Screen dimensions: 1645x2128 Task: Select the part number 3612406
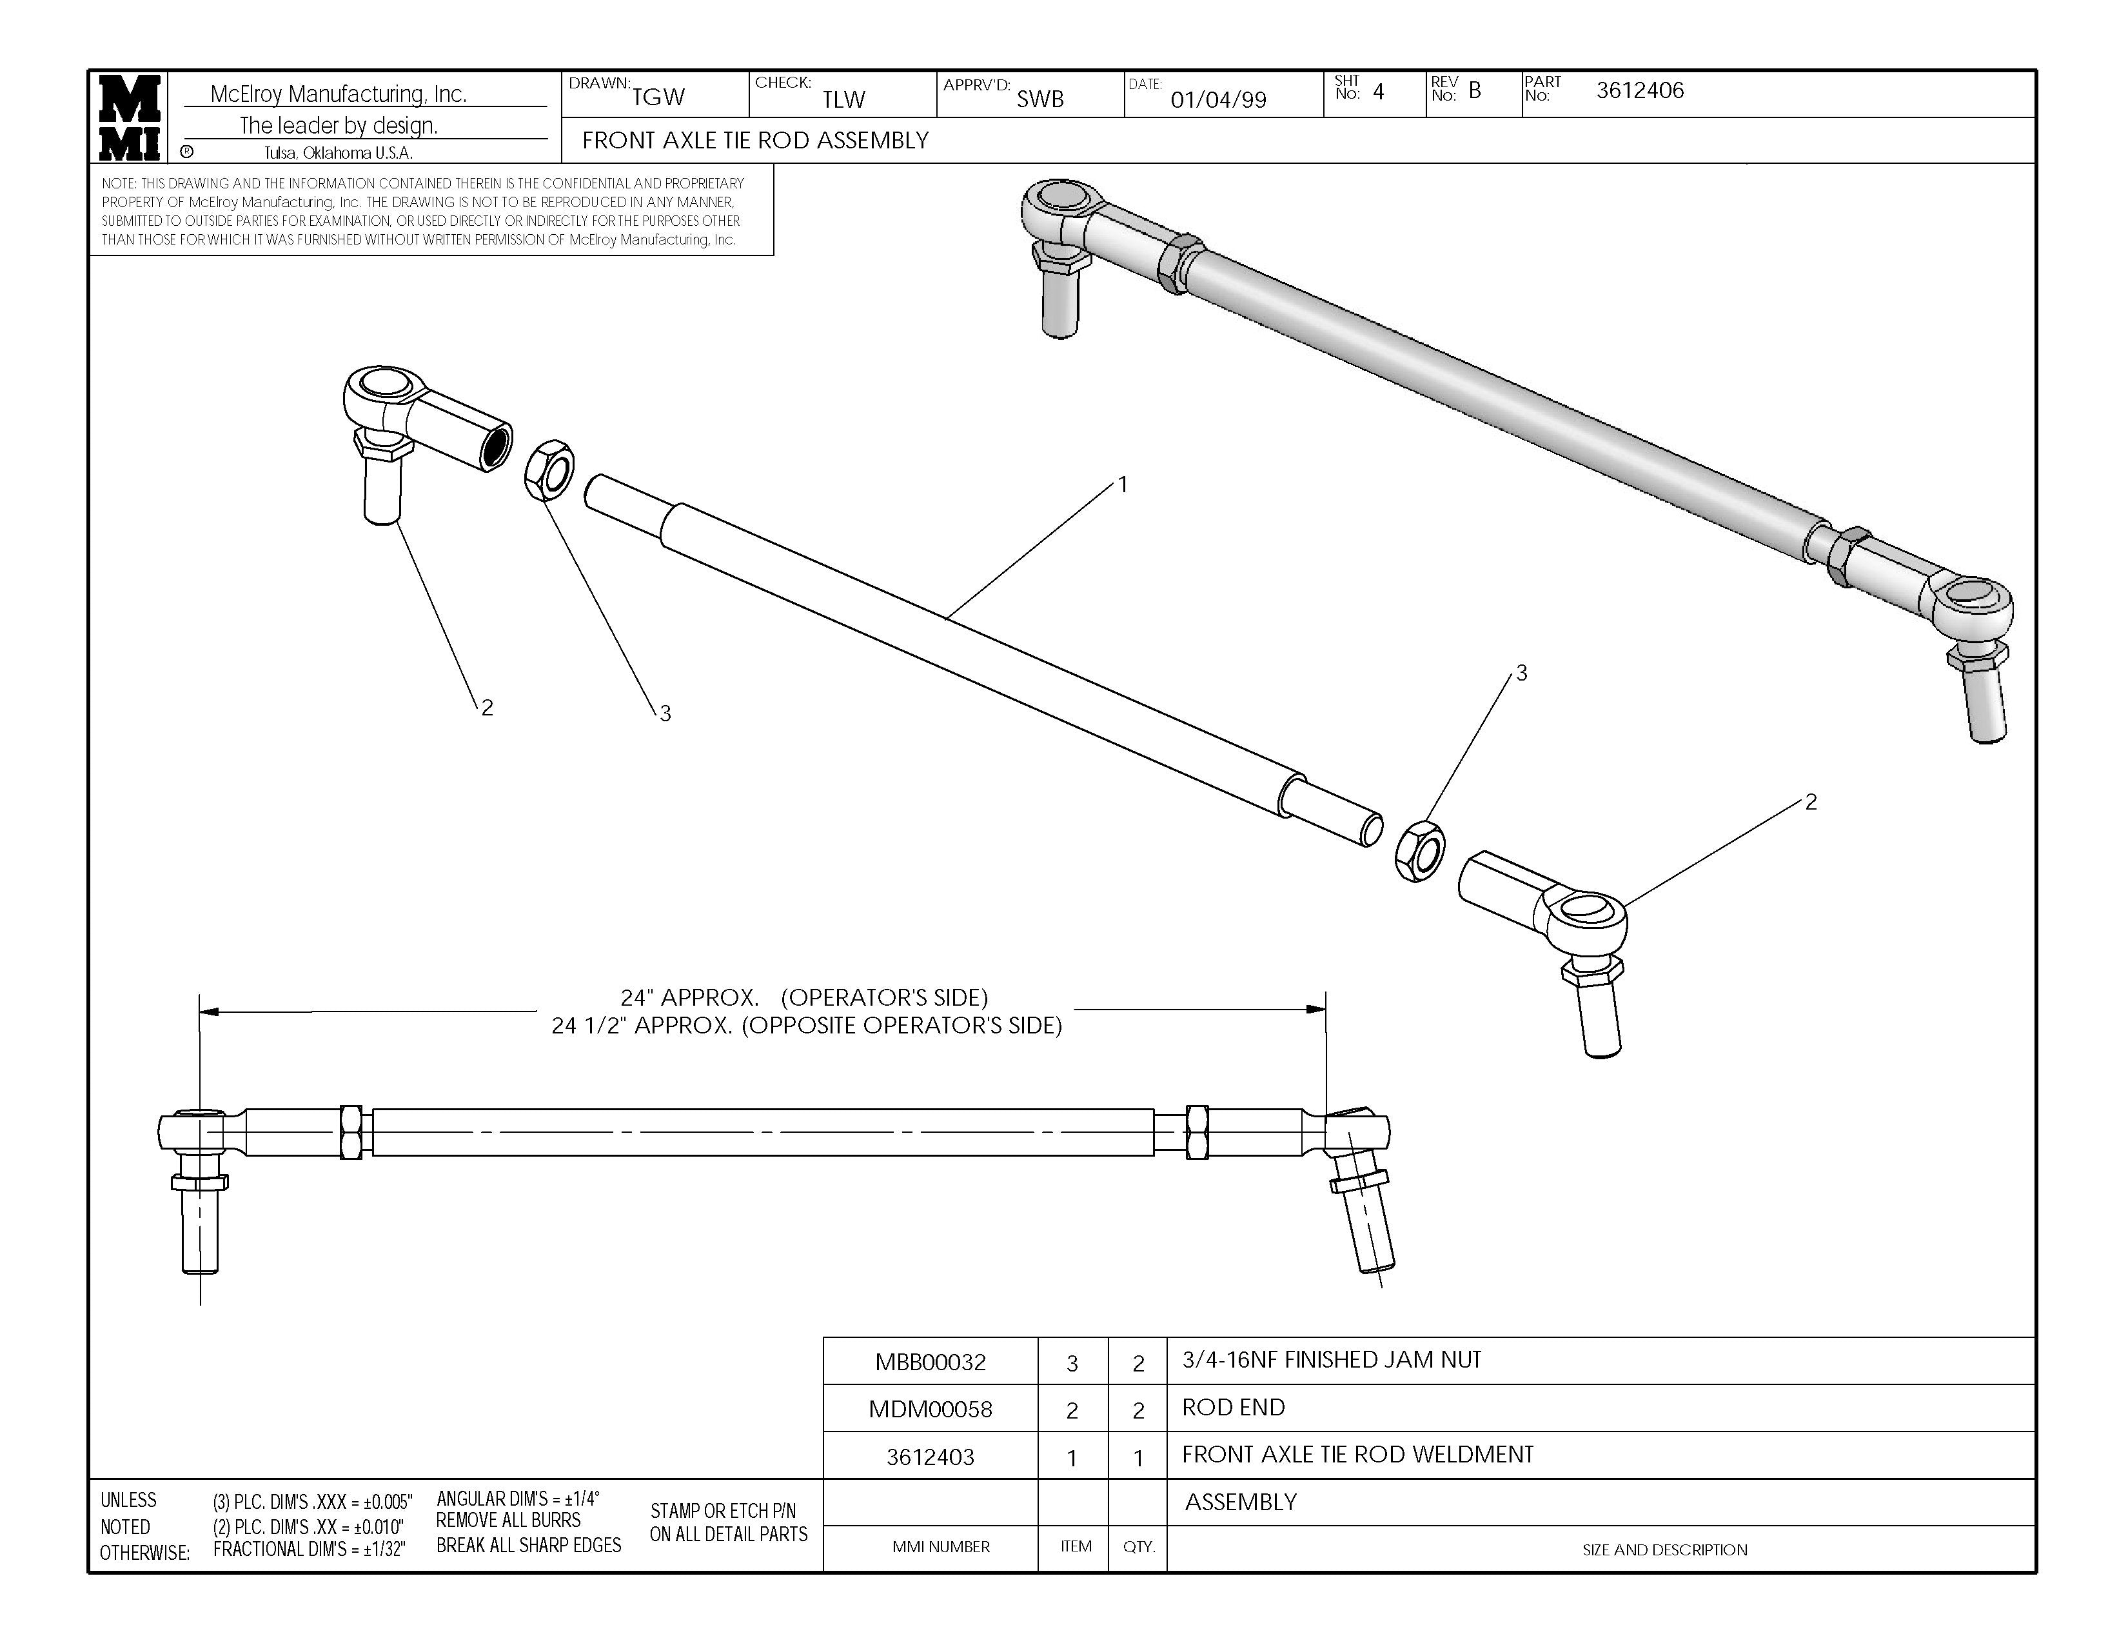click(1640, 90)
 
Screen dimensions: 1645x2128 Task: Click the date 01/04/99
click(1218, 99)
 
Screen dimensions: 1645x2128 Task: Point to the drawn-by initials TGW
click(658, 97)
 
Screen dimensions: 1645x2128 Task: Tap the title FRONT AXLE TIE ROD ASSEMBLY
click(755, 141)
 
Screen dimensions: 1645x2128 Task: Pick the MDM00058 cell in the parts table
click(931, 1409)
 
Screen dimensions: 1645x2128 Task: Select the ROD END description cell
click(1234, 1407)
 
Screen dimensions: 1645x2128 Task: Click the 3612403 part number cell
click(931, 1457)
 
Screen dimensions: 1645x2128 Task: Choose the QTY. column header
click(1138, 1546)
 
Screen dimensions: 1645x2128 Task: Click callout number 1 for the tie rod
click(1123, 484)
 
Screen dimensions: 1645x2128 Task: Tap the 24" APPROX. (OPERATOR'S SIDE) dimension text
click(805, 998)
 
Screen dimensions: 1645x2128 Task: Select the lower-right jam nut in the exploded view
click(1420, 850)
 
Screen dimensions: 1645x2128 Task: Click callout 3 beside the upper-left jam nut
click(665, 714)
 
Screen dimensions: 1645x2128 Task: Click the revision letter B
click(1475, 90)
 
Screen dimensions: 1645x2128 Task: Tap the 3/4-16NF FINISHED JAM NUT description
click(1331, 1361)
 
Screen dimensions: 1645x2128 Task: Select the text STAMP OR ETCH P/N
click(723, 1511)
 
